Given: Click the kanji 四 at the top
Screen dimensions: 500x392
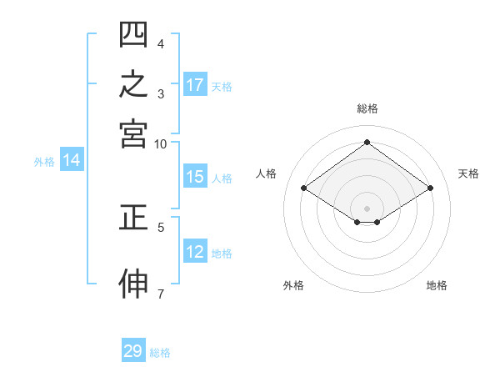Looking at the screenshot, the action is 133,34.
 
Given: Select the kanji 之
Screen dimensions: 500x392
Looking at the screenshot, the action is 133,83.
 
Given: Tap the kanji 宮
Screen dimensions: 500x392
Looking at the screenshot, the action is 133,134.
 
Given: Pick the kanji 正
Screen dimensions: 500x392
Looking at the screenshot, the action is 133,218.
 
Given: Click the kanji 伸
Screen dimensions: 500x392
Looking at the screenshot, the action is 133,284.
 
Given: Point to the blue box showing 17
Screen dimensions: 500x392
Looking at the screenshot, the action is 195,84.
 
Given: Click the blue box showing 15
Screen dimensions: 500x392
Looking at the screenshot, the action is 195,176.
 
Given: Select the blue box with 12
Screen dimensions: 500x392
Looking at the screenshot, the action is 195,250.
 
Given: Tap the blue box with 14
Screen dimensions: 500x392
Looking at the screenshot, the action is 72,159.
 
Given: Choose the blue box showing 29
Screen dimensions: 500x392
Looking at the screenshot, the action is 133,349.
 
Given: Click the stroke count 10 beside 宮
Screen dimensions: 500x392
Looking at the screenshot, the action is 160,144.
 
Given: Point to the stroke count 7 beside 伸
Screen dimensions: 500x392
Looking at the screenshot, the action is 161,294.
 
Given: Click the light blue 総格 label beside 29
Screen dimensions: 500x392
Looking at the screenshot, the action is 160,353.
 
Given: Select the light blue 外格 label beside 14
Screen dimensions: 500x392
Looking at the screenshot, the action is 44,162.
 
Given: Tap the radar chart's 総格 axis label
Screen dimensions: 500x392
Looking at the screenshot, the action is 367,108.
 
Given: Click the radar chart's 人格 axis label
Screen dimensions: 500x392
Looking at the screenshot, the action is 266,173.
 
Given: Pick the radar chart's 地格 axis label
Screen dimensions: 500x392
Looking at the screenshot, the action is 437,285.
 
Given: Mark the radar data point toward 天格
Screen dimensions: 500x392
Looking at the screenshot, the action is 430,188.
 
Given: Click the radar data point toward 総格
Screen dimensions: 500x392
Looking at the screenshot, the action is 367,142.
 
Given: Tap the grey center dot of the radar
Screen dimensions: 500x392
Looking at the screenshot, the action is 367,209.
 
